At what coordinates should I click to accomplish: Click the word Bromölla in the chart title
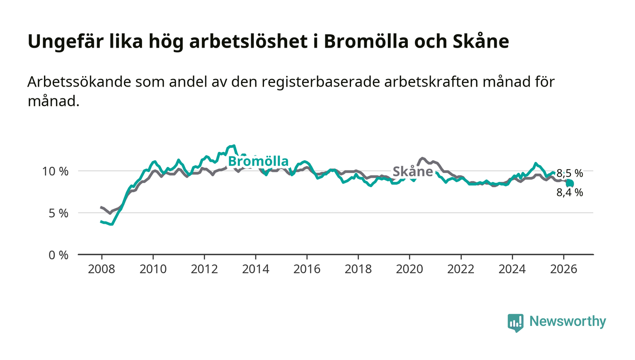tap(366, 41)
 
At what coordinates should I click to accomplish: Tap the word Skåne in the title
tap(481, 41)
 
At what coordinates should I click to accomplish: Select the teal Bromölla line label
tap(258, 161)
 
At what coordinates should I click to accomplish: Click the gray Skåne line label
tap(413, 171)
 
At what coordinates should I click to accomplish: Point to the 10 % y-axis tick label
tap(55, 171)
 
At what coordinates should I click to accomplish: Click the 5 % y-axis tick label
tap(59, 213)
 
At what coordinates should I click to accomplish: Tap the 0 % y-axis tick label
tap(59, 255)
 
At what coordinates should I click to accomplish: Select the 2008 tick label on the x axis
tap(102, 269)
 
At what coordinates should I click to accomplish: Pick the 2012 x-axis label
tap(204, 269)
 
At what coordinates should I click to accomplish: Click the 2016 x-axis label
tap(307, 269)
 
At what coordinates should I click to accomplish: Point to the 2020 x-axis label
tap(409, 269)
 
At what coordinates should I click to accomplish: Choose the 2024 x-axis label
tap(512, 269)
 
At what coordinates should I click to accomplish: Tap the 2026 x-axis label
tap(563, 269)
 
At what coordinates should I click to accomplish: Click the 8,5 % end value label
tap(570, 173)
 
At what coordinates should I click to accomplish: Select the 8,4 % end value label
tap(570, 193)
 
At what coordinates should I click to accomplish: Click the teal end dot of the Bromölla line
tap(570, 184)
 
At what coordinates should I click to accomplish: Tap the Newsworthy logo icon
tap(515, 322)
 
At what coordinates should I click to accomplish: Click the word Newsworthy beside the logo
tap(567, 321)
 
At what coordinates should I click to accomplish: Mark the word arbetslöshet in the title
tap(249, 41)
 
